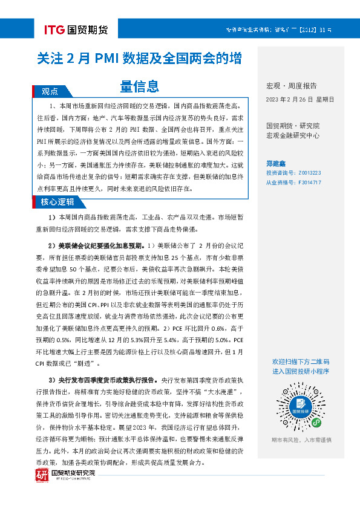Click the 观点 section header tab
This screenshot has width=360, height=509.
(50, 92)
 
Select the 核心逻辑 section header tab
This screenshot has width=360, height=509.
(57, 202)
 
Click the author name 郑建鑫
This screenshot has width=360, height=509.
(278, 163)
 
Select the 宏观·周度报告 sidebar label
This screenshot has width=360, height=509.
(291, 86)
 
